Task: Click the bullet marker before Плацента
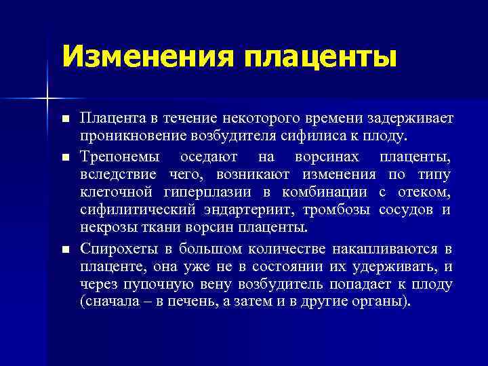[65, 119]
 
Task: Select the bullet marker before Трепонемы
[65, 157]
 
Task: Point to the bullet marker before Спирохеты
[65, 250]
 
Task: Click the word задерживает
[409, 119]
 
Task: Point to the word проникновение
[127, 136]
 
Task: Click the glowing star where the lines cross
[46, 99]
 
